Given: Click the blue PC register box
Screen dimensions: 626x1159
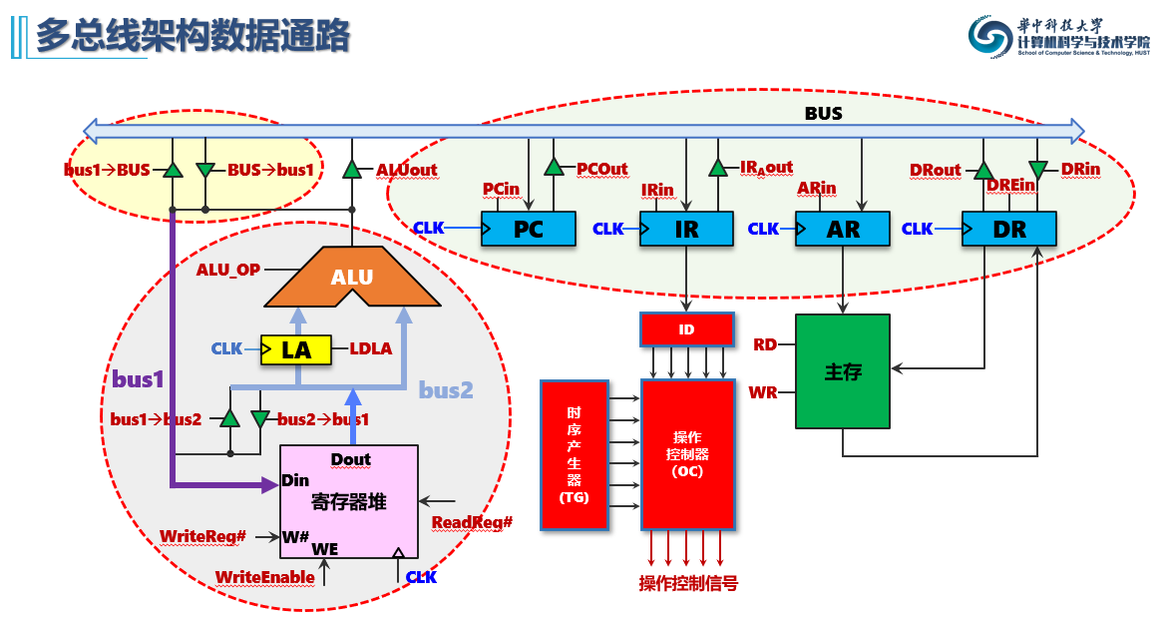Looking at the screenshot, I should pos(529,229).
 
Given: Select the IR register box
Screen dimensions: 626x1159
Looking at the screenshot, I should pos(686,229).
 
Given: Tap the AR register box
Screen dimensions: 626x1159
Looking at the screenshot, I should pos(843,229).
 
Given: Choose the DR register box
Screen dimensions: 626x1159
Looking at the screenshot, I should pos(1009,229).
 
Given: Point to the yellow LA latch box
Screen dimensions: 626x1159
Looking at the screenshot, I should pos(296,349).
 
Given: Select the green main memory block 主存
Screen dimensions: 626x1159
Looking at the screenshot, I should pos(842,371).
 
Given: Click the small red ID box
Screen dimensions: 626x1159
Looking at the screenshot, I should pos(686,329).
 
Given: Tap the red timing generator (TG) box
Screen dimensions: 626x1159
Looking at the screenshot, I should pos(574,454).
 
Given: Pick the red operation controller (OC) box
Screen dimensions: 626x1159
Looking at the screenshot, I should pos(688,454).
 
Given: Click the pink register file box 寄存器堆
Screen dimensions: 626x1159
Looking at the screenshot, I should pos(349,499).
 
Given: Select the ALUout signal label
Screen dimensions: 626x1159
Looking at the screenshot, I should pos(406,170).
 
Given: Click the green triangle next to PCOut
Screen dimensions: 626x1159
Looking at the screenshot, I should pos(554,168).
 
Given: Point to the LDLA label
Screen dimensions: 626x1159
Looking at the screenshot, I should pos(370,349).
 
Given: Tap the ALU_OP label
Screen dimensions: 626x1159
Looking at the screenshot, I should pos(228,270).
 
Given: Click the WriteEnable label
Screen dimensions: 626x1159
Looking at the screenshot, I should pos(265,577).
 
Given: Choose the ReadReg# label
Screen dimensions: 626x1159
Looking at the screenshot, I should pos(472,522).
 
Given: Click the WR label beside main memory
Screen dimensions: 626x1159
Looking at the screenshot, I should pos(763,392).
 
